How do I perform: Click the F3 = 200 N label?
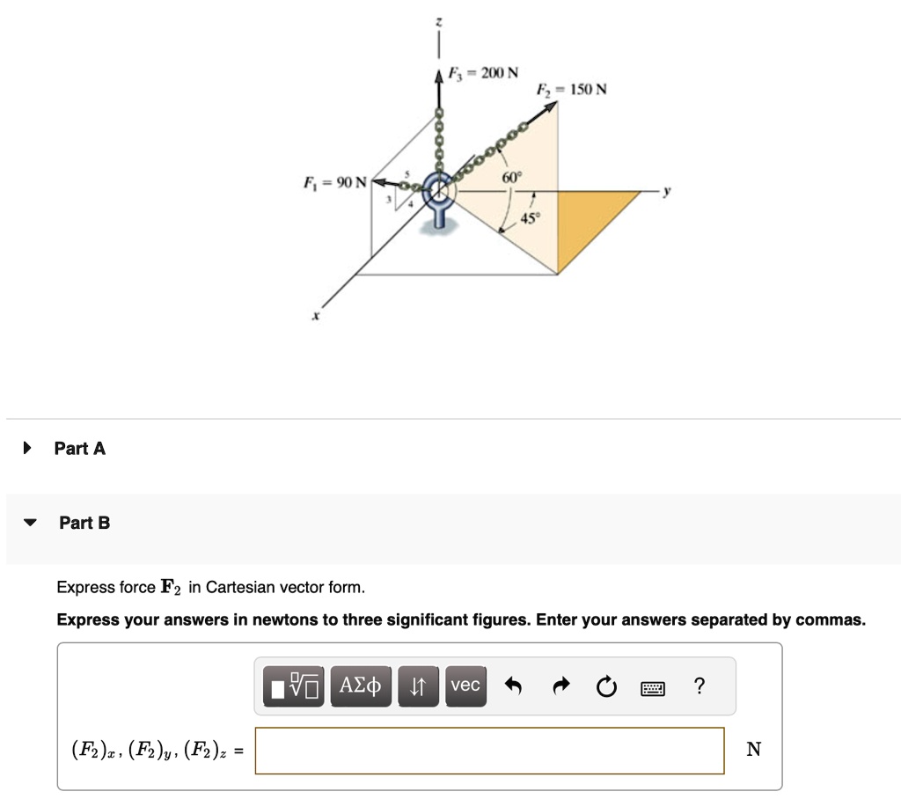pyautogui.click(x=483, y=72)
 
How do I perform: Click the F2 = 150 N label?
pyautogui.click(x=571, y=90)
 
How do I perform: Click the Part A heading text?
pyautogui.click(x=79, y=449)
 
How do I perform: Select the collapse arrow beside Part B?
pyautogui.click(x=31, y=523)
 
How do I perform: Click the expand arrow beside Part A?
pyautogui.click(x=27, y=449)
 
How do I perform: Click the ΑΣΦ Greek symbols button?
pyautogui.click(x=361, y=685)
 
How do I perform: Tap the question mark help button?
pyautogui.click(x=699, y=685)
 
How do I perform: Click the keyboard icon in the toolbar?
pyautogui.click(x=653, y=687)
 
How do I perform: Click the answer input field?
pyautogui.click(x=489, y=750)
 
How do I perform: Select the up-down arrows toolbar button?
pyautogui.click(x=419, y=685)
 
